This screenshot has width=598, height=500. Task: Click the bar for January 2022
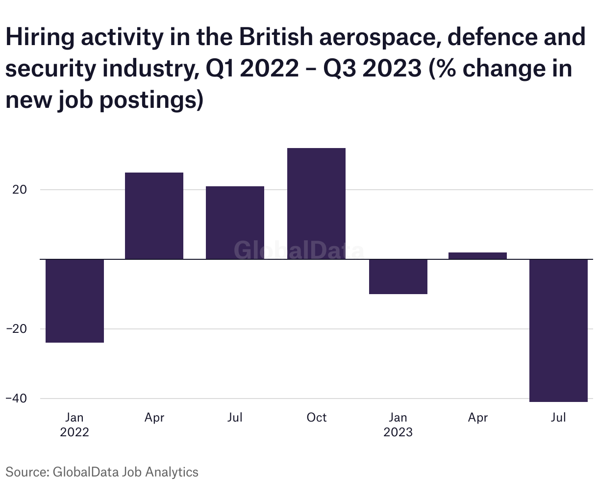tap(75, 300)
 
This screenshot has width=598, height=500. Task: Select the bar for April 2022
tap(154, 216)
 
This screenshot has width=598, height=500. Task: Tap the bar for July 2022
tap(235, 223)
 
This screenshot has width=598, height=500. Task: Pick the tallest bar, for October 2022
tap(316, 203)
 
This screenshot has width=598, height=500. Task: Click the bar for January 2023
tap(398, 276)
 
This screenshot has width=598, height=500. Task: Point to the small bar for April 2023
tap(477, 255)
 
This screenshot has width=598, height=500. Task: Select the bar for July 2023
tap(558, 330)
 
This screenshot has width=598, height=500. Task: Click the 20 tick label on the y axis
tap(19, 190)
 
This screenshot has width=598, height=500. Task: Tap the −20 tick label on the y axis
tap(17, 329)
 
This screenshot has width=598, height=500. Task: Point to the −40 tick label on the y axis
tap(17, 399)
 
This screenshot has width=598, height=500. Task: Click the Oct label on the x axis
tap(316, 418)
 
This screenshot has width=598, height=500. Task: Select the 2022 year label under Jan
tap(75, 432)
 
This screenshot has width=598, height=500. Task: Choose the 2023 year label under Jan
tap(398, 432)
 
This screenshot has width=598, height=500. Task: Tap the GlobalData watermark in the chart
tap(299, 250)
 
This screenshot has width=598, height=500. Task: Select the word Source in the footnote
tap(25, 472)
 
